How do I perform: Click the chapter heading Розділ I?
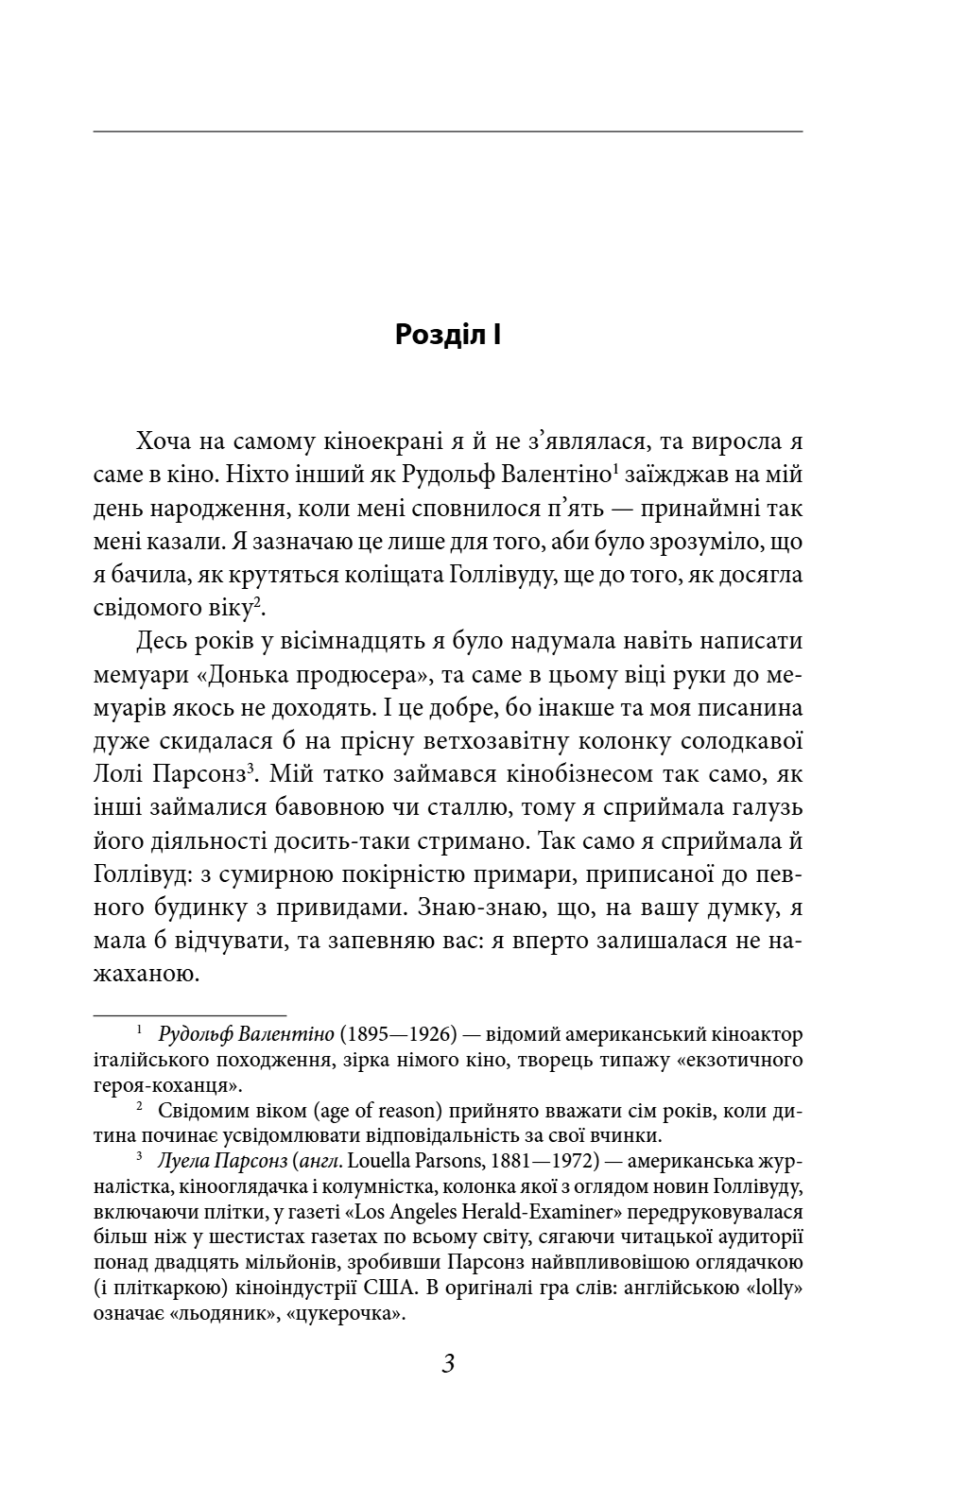tap(448, 335)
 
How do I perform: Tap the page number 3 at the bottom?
tap(448, 1364)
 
